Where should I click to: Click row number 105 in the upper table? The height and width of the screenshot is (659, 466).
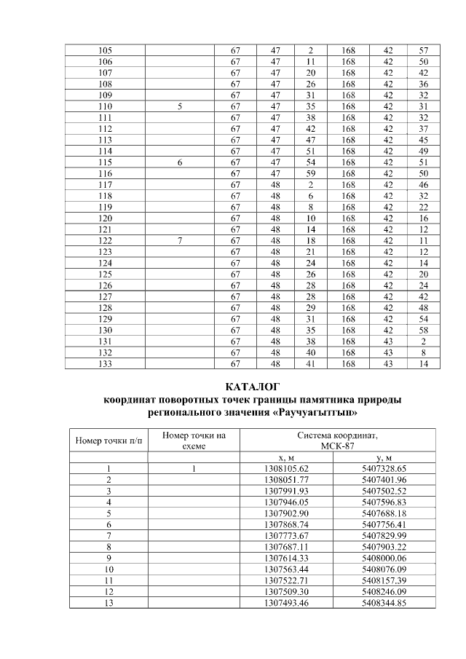click(105, 50)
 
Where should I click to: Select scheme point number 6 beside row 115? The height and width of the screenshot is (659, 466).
click(179, 162)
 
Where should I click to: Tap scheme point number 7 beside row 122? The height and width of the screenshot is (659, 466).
click(179, 240)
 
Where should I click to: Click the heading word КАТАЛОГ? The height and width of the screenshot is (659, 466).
click(253, 386)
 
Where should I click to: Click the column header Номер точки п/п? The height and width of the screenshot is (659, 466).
click(108, 440)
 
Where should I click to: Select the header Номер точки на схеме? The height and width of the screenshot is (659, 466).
click(194, 440)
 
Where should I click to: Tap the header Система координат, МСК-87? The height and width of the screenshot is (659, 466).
click(338, 440)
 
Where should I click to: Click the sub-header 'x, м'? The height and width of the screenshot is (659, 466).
click(286, 457)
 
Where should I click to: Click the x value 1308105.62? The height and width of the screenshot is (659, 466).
click(286, 468)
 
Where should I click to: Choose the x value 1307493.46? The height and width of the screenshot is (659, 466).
click(286, 604)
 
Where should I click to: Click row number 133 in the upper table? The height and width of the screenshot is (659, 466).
click(105, 363)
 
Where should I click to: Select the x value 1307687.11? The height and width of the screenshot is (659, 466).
click(286, 547)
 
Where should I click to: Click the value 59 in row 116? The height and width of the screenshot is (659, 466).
click(311, 173)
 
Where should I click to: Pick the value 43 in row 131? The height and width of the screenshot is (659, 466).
click(388, 340)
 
